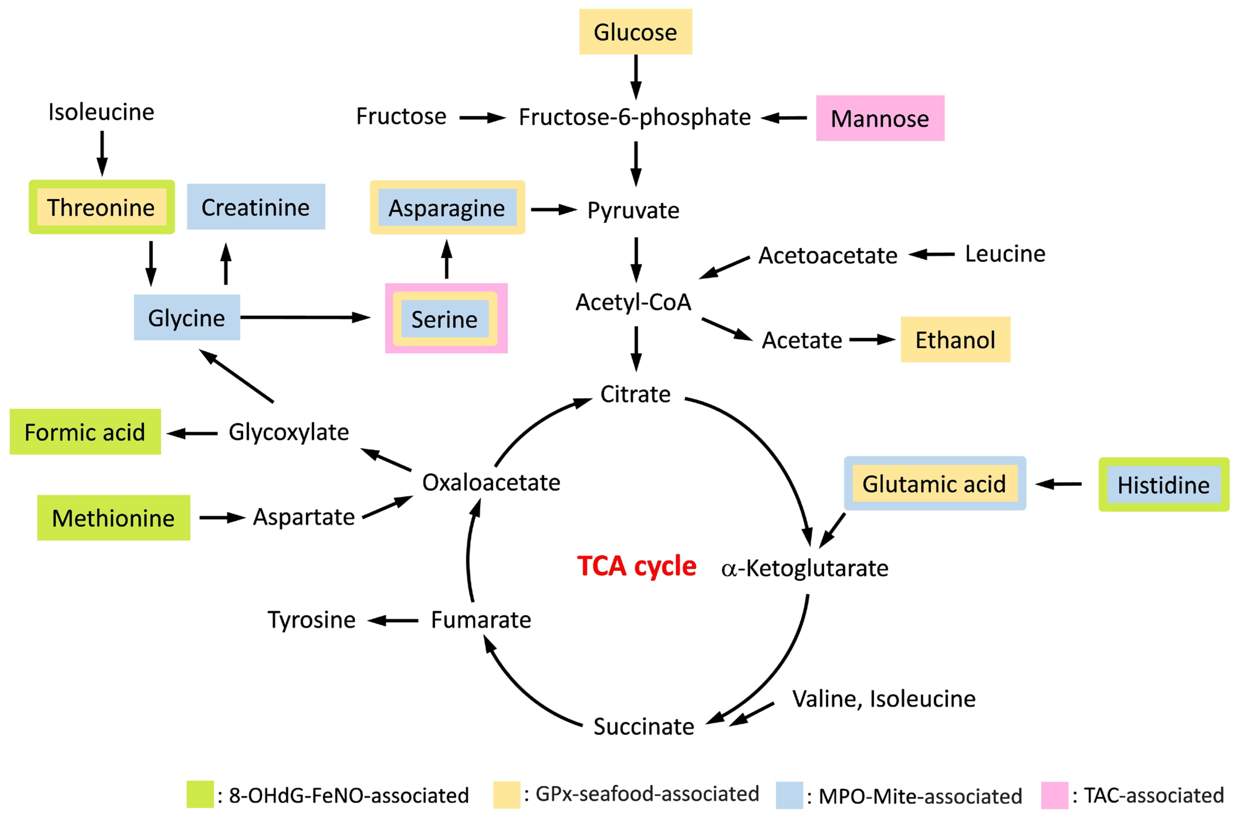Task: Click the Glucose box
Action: pyautogui.click(x=636, y=32)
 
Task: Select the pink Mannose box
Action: pyautogui.click(x=880, y=118)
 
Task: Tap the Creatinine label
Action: pyautogui.click(x=256, y=207)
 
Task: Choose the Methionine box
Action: pyautogui.click(x=114, y=518)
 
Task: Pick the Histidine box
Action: pyautogui.click(x=1164, y=485)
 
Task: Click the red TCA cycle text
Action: pyautogui.click(x=636, y=566)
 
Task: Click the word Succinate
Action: pyautogui.click(x=644, y=727)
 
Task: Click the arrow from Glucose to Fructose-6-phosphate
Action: pyautogui.click(x=636, y=77)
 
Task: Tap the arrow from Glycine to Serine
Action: pyautogui.click(x=305, y=317)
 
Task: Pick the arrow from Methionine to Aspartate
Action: pyautogui.click(x=222, y=518)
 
